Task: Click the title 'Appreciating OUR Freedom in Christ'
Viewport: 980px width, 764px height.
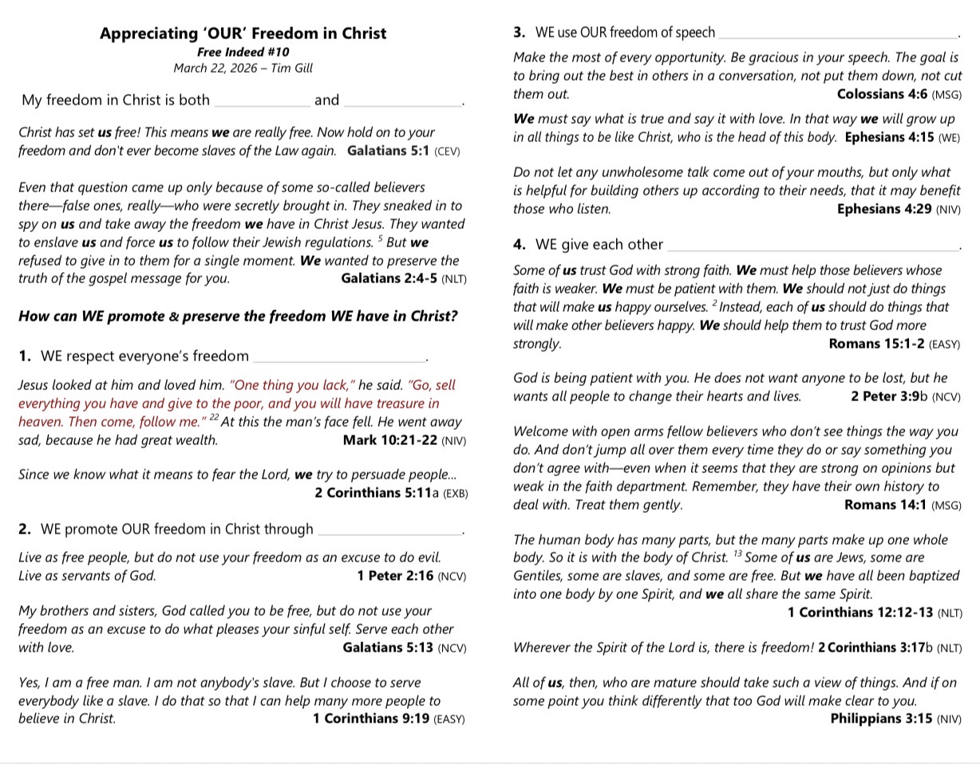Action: tap(243, 33)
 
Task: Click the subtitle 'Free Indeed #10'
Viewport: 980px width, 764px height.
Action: tap(243, 52)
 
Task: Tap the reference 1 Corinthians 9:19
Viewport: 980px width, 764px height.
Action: tap(371, 719)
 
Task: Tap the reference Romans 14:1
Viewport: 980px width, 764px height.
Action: tap(885, 505)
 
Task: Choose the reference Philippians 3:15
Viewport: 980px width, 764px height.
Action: tap(881, 719)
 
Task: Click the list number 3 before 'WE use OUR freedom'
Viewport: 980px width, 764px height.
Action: tap(519, 33)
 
